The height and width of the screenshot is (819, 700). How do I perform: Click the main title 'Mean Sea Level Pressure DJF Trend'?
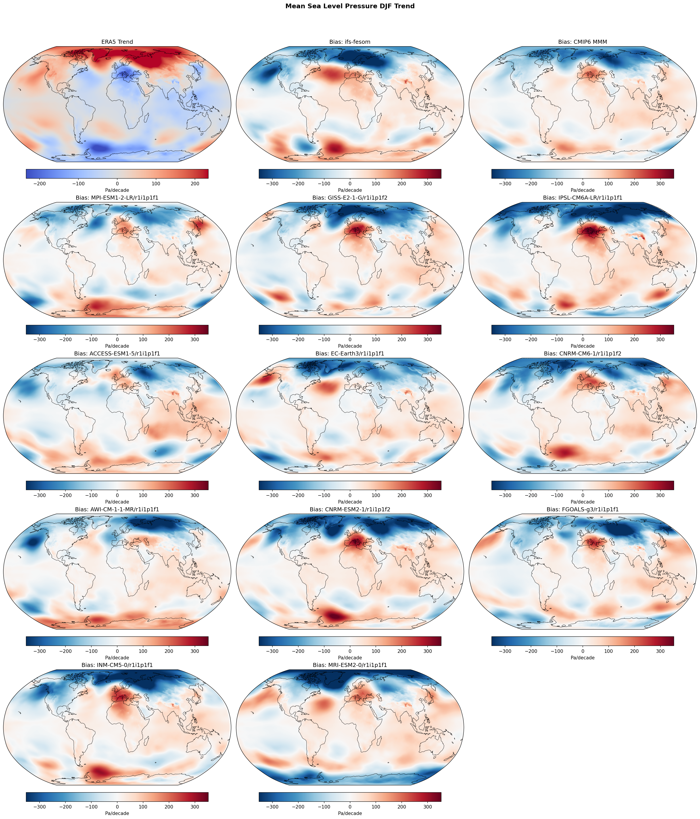coord(350,6)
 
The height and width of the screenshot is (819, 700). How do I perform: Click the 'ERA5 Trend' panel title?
coord(117,42)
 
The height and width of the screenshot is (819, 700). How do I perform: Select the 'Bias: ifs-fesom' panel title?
coord(350,42)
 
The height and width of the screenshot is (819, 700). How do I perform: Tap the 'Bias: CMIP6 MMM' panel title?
coord(583,42)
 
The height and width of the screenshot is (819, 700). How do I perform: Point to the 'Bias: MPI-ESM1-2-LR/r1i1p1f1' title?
coord(117,198)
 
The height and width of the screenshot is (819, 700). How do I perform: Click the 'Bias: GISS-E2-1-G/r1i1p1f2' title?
coord(350,198)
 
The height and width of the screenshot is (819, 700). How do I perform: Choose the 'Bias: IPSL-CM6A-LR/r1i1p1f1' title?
coord(583,198)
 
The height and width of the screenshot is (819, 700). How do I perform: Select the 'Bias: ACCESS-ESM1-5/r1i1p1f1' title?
coord(117,353)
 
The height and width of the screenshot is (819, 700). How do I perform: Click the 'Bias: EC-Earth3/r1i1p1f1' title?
coord(350,353)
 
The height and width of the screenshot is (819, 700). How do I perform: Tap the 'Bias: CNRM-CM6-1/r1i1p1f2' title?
coord(583,353)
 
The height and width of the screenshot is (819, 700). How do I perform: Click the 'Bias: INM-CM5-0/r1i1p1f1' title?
coord(117,665)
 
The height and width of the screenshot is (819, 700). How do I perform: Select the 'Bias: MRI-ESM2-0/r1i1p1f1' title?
coord(350,665)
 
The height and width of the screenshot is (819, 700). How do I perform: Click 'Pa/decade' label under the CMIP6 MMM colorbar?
coord(583,190)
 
